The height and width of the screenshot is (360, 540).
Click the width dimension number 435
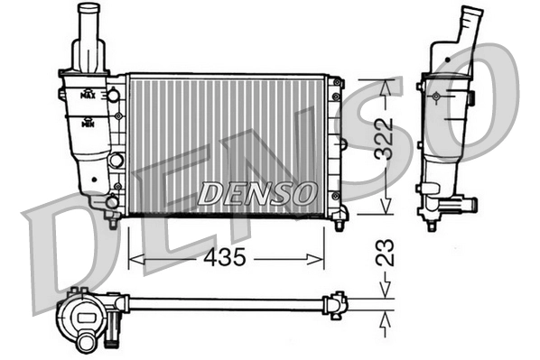point(223,258)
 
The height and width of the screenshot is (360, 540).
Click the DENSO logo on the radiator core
point(258,193)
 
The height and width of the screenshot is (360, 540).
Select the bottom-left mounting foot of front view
point(111,219)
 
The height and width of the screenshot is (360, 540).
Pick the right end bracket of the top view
point(338,304)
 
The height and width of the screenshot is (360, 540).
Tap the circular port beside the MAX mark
point(115,95)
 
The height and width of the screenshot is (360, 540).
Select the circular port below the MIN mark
point(115,161)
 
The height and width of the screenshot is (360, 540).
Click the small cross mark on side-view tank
point(436,96)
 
